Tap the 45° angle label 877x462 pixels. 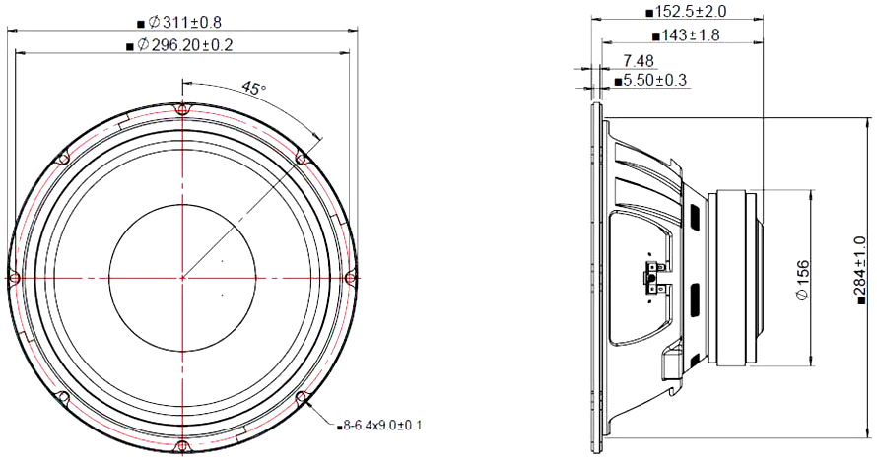tap(253, 89)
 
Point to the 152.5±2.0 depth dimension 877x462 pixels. tap(690, 12)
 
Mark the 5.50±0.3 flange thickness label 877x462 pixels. tap(653, 80)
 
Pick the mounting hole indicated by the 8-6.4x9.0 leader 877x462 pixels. tap(303, 399)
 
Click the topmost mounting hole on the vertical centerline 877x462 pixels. tap(182, 109)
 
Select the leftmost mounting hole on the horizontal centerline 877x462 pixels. tap(14, 279)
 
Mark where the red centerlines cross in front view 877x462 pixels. tap(182, 279)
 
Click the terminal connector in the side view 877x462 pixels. tap(651, 278)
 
